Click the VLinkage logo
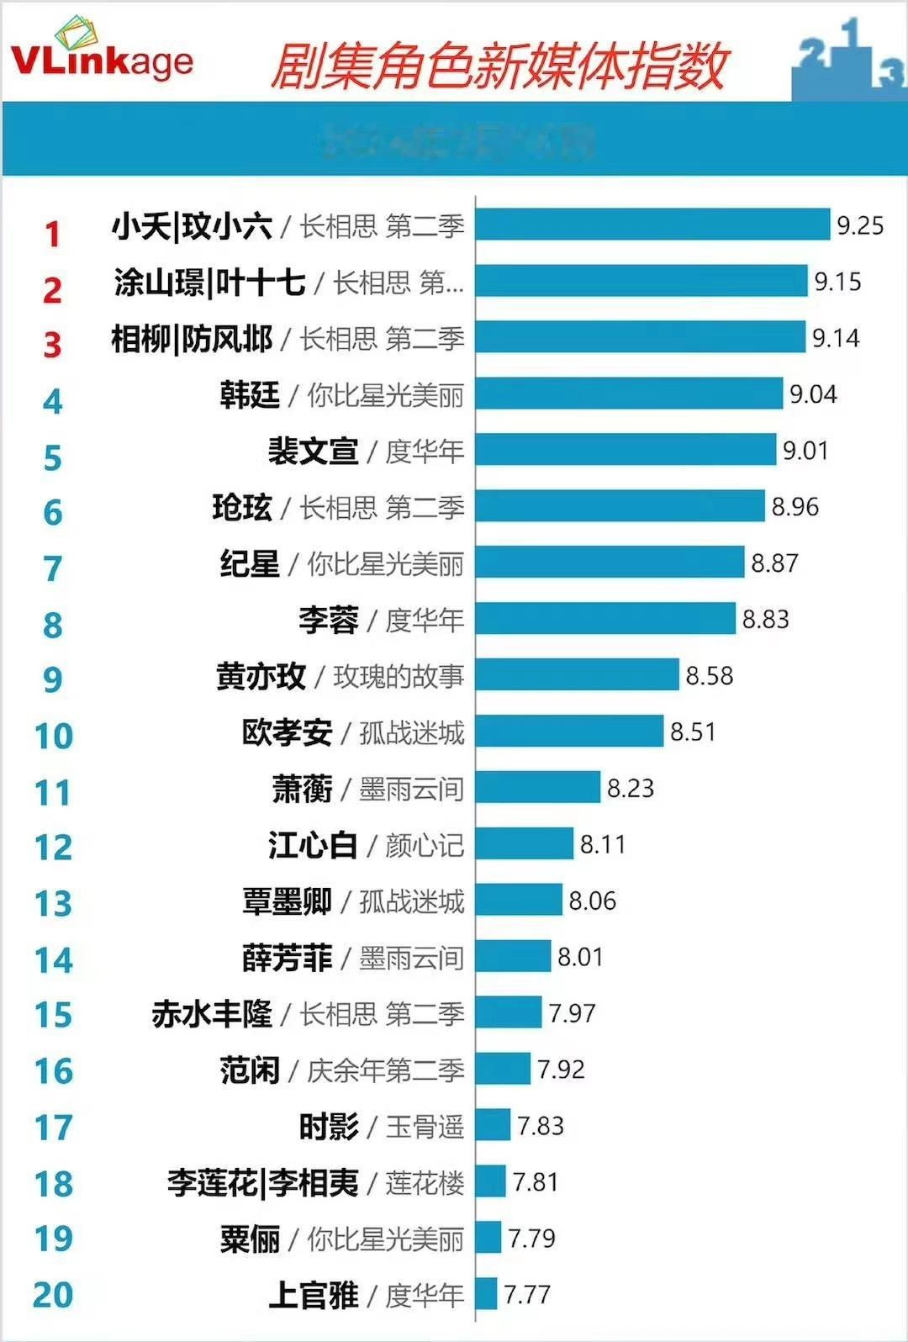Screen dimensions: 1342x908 [101, 55]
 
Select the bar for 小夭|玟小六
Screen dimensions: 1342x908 [652, 225]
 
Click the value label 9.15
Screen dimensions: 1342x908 [837, 282]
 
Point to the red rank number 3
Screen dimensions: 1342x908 [52, 345]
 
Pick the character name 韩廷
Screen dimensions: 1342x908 [250, 394]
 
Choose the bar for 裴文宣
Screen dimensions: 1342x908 [626, 450]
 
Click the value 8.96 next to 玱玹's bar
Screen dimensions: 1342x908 [794, 507]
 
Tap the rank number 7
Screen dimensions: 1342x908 [52, 569]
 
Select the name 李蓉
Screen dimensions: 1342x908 [328, 620]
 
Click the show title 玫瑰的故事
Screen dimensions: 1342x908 [399, 676]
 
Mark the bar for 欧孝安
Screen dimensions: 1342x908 [569, 732]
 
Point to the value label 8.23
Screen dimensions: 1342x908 [631, 789]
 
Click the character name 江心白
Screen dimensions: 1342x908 [313, 845]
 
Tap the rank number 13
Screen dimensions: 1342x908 [53, 904]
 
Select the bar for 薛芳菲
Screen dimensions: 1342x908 [513, 957]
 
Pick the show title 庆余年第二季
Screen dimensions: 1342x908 [385, 1070]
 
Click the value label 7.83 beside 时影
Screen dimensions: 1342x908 [541, 1126]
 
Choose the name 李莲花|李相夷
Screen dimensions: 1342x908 [262, 1183]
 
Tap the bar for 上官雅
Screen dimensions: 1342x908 [486, 1294]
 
